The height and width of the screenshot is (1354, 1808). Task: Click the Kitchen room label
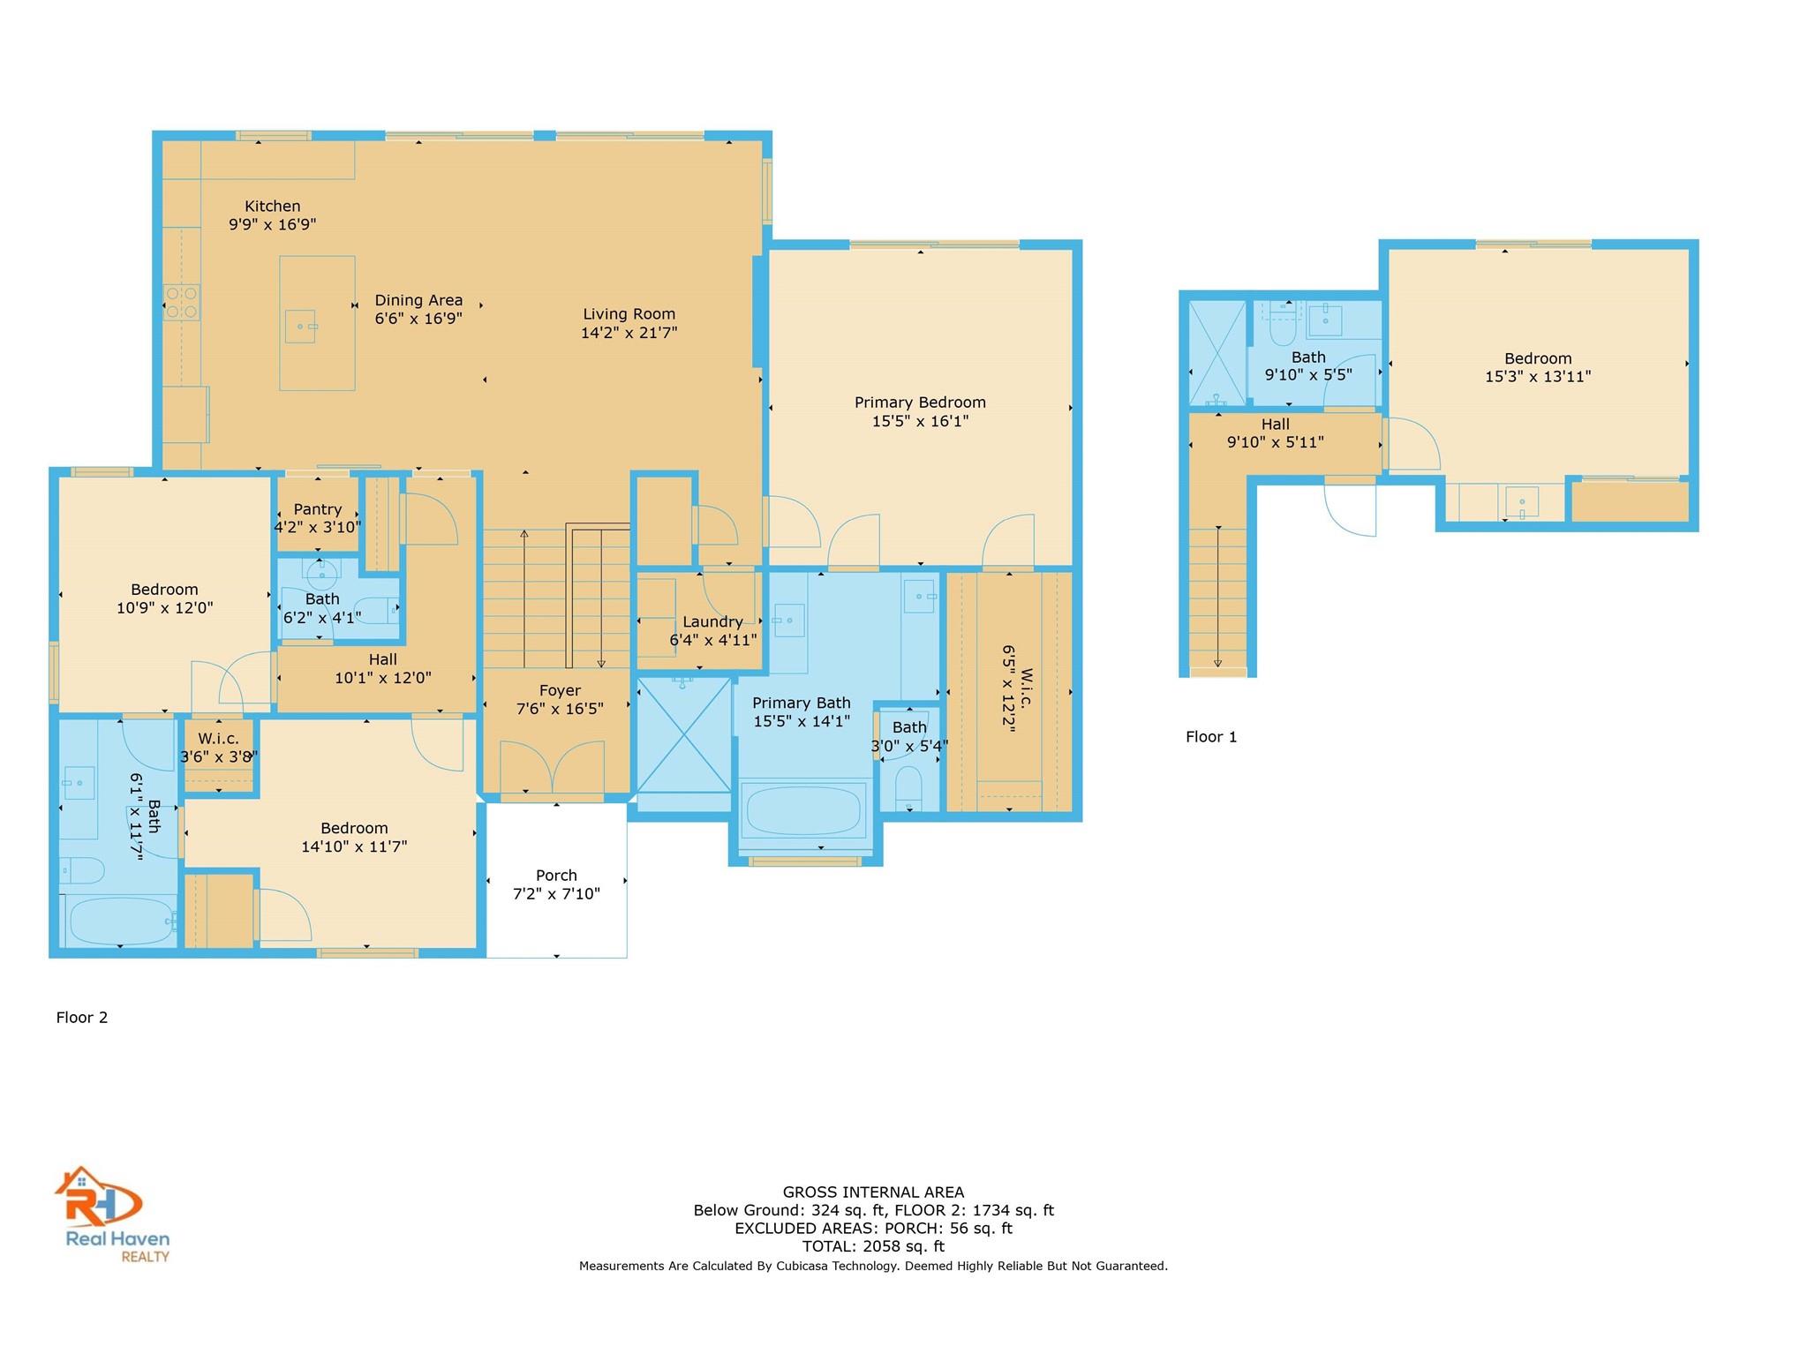coord(272,206)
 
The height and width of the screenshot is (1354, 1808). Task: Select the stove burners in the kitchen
coord(181,302)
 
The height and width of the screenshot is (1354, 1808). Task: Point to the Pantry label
coord(317,509)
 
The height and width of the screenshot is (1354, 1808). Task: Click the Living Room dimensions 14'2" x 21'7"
coord(629,333)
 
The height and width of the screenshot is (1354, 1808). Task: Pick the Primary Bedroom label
coord(920,402)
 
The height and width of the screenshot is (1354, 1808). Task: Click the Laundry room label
coord(712,621)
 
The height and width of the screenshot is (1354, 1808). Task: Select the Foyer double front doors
coord(552,768)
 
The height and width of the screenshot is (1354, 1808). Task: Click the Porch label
coord(556,875)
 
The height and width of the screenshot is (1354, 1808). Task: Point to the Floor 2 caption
coord(82,1017)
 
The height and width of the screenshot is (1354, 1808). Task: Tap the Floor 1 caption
coord(1210,736)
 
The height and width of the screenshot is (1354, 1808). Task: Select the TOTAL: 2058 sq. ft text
coord(873,1246)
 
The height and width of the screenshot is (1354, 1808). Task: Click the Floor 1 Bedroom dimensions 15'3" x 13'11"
coord(1537,377)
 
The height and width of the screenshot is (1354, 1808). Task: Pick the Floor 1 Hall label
coord(1275,425)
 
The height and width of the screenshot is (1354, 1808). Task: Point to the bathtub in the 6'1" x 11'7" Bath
coord(119,921)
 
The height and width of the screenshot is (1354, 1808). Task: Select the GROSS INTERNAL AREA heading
coord(873,1192)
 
